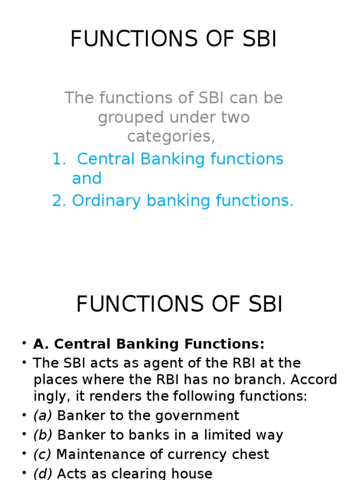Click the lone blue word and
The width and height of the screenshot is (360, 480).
pos(87,178)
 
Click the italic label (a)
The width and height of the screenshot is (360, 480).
pos(43,416)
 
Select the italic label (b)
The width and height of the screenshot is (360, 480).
pos(43,435)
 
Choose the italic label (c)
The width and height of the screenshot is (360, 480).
pos(43,454)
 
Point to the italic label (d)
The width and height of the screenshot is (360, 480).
pos(43,473)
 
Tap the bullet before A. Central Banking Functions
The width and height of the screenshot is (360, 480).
pos(23,344)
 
